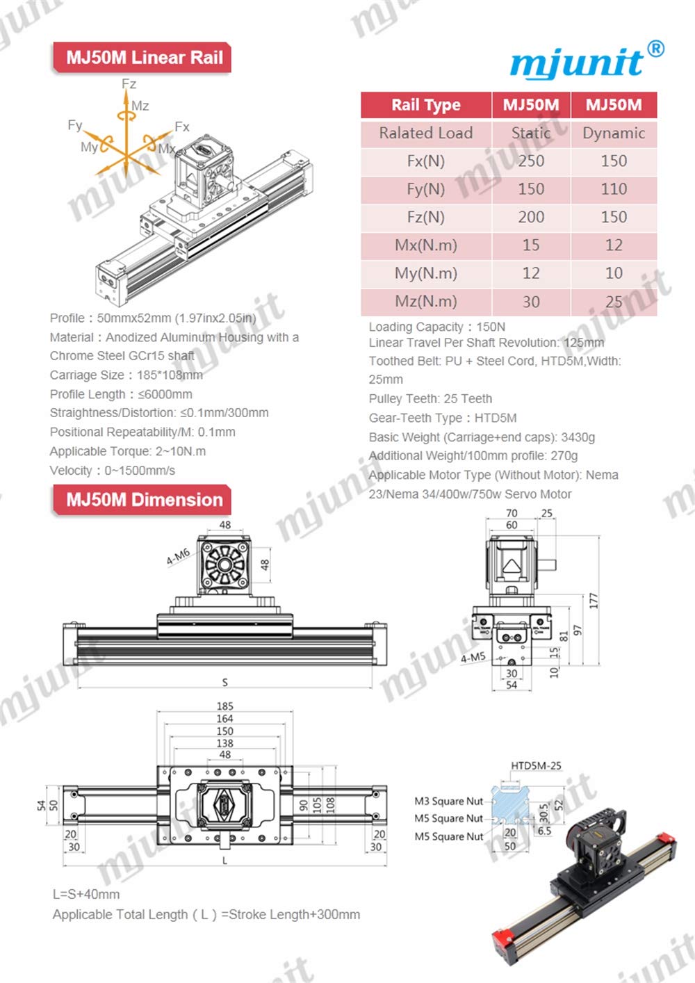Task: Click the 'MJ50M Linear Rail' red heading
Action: point(144,58)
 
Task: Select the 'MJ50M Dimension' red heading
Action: point(144,500)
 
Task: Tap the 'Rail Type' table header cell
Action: point(425,105)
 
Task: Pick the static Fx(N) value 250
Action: point(531,161)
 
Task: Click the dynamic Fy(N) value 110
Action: point(614,189)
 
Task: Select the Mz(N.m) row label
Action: point(425,302)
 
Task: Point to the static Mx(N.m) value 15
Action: point(531,245)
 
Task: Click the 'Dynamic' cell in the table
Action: point(614,133)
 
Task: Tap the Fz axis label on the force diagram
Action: point(129,84)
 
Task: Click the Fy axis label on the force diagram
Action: point(75,125)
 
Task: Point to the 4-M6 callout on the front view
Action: point(178,557)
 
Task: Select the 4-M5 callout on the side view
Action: point(473,657)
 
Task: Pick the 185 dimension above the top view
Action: point(224,706)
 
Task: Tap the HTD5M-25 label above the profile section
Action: point(536,766)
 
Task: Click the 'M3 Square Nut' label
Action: point(448,801)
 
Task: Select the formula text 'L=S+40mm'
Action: point(86,894)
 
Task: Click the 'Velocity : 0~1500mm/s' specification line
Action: point(113,471)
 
